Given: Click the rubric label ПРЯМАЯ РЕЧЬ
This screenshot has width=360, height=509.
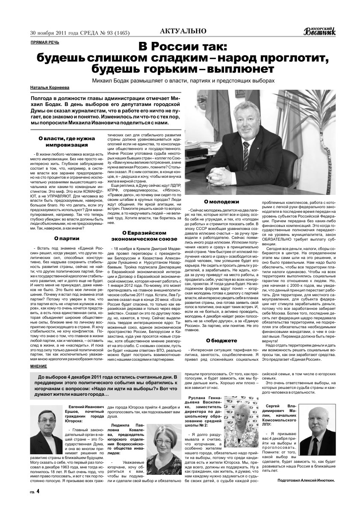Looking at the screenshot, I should click(45, 42).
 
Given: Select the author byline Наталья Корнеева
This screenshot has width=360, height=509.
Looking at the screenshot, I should click(48, 88).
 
